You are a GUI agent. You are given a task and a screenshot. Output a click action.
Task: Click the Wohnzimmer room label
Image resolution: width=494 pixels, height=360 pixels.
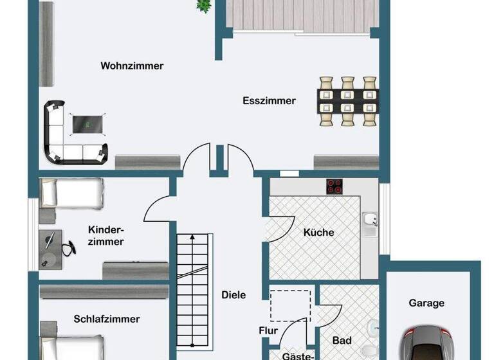tap(132, 66)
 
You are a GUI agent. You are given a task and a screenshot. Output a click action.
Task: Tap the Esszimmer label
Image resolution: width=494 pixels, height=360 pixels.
tap(269, 101)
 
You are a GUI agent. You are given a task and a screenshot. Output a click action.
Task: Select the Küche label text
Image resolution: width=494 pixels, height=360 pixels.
tap(318, 233)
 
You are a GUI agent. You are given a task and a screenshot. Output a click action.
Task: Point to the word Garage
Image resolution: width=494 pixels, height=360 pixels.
tap(426, 303)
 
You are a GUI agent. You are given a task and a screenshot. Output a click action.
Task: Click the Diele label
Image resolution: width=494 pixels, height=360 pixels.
tap(233, 295)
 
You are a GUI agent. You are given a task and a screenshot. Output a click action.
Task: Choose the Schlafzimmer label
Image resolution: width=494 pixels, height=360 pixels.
tap(107, 319)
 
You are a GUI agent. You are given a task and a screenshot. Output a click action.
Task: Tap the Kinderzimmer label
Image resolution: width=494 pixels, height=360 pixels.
tap(105, 236)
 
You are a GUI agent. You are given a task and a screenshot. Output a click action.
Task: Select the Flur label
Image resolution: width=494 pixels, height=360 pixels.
tap(268, 331)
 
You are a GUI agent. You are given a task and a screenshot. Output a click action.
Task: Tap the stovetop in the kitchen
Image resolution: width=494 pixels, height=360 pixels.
tap(334, 186)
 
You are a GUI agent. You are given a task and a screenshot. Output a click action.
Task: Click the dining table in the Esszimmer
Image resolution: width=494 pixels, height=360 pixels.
tap(348, 101)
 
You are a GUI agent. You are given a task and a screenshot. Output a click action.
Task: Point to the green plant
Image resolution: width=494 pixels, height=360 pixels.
tap(204, 5)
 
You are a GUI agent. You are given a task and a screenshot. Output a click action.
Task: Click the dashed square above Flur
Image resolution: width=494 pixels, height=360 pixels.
tap(289, 305)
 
